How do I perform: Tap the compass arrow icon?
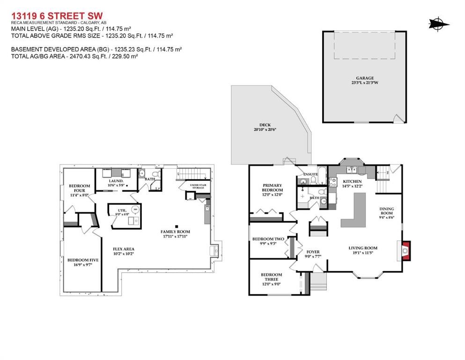click(439, 23)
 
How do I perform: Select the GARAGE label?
click(364, 78)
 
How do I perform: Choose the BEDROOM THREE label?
click(271, 277)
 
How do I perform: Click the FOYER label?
click(312, 252)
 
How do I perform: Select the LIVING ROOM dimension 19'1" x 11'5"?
click(363, 254)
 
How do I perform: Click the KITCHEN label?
click(352, 181)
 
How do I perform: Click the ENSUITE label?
click(310, 174)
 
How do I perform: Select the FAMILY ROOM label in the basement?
click(176, 232)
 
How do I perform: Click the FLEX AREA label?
click(124, 249)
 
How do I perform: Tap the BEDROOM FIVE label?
click(80, 260)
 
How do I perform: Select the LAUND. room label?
click(116, 180)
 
